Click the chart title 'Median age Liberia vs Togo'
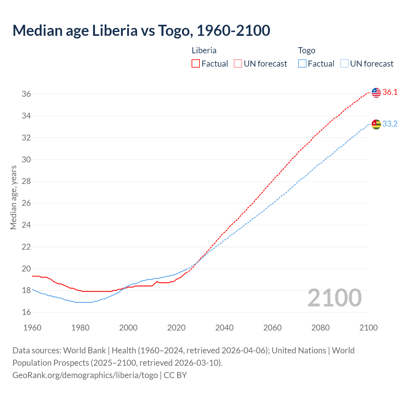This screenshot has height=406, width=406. tap(141, 30)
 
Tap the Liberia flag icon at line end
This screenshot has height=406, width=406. tap(376, 93)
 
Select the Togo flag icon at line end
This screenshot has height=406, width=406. tap(376, 124)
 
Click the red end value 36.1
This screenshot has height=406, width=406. tap(390, 92)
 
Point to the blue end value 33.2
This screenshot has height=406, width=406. tap(390, 124)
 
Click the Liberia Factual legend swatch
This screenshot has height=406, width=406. tap(196, 64)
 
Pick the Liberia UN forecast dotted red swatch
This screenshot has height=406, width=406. tap(238, 64)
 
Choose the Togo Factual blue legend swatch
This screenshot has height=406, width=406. tap(302, 64)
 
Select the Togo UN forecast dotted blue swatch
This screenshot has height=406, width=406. tap(344, 64)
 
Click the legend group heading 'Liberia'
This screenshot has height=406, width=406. tap(204, 50)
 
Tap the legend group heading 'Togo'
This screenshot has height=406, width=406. tap(306, 50)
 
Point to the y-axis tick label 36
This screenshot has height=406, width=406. tap(26, 94)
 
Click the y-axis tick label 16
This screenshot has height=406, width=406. tap(26, 312)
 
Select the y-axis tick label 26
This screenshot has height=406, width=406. tap(26, 203)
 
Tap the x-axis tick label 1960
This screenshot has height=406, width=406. tap(32, 328)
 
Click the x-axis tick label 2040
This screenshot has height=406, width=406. tap(224, 328)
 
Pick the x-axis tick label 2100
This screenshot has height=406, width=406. tap(368, 328)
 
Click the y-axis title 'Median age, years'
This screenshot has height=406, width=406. tap(13, 197)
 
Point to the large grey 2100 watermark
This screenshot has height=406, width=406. tap(334, 298)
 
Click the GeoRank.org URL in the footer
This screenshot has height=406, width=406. tap(85, 375)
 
